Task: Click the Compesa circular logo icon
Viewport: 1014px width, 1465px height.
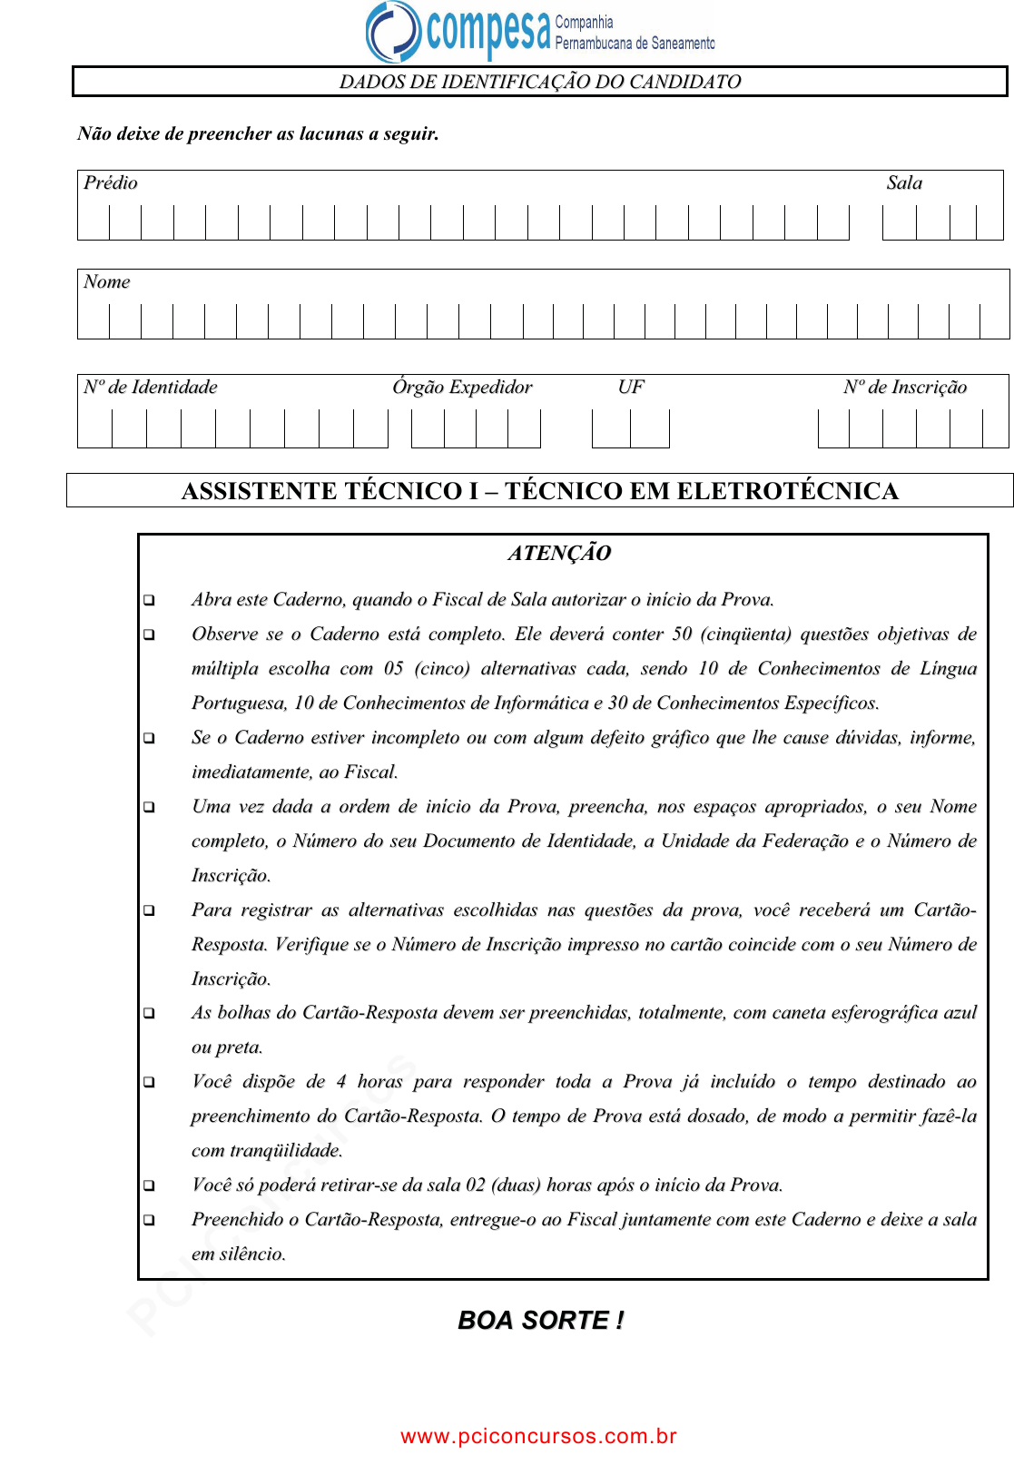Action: pos(393,31)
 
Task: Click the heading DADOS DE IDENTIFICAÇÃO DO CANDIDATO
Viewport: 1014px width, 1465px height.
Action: pos(540,82)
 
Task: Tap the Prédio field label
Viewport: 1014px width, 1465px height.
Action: pos(111,183)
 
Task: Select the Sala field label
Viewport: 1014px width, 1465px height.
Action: pos(904,183)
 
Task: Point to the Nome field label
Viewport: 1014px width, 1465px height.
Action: pos(107,282)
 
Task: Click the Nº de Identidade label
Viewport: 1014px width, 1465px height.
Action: pos(151,388)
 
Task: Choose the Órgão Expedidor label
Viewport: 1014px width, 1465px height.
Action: pos(462,388)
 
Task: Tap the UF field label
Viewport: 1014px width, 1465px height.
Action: pos(631,388)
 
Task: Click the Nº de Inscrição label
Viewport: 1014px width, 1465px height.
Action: pos(905,388)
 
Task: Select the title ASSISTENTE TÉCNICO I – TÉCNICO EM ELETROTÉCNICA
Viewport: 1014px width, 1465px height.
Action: pos(540,491)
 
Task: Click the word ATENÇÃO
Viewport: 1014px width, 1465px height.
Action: pos(559,554)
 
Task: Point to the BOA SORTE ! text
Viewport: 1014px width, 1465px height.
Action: pos(541,1321)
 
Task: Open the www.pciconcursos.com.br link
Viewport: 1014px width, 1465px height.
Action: pos(538,1436)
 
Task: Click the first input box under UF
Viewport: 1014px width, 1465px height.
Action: pos(611,428)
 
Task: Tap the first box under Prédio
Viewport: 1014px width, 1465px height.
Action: pos(94,222)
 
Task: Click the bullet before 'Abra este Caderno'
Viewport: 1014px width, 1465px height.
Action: pos(149,601)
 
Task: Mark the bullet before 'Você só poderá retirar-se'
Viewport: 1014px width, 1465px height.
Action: pos(149,1186)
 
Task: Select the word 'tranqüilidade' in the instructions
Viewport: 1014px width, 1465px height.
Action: pos(286,1151)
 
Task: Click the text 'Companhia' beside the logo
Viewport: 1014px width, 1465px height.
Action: pos(584,22)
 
